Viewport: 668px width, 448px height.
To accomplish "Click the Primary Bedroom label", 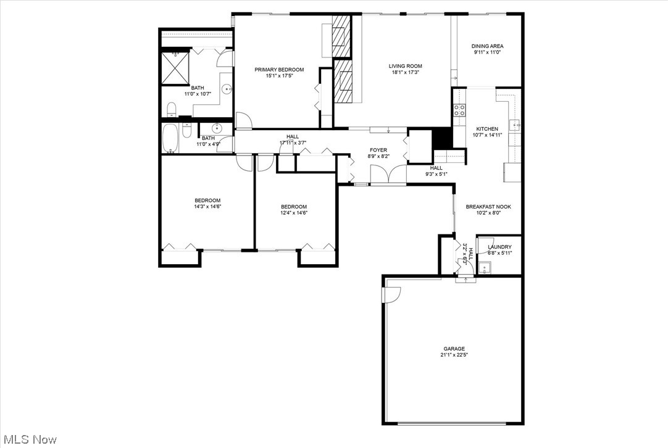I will tap(279, 70).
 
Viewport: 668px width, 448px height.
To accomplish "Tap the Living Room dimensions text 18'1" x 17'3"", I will tap(405, 73).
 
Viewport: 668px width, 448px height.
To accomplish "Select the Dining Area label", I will tap(487, 46).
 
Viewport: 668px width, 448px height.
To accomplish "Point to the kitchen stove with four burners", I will tap(459, 110).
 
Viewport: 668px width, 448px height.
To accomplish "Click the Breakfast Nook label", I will tap(488, 207).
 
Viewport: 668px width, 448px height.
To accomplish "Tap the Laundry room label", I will tap(499, 247).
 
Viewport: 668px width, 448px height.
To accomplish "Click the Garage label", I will tap(453, 349).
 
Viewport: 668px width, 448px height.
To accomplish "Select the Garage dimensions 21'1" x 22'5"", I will tap(453, 355).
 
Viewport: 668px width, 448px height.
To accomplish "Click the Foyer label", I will tap(378, 150).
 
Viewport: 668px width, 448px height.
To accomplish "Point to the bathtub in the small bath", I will tap(170, 139).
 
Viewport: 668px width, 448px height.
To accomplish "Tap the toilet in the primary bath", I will tap(172, 110).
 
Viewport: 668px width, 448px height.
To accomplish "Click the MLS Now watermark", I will tap(29, 439).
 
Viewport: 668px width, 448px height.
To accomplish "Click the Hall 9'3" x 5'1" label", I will tap(436, 168).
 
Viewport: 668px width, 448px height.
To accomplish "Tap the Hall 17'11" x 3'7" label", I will tap(292, 137).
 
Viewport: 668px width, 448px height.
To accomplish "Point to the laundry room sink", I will tap(486, 268).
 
